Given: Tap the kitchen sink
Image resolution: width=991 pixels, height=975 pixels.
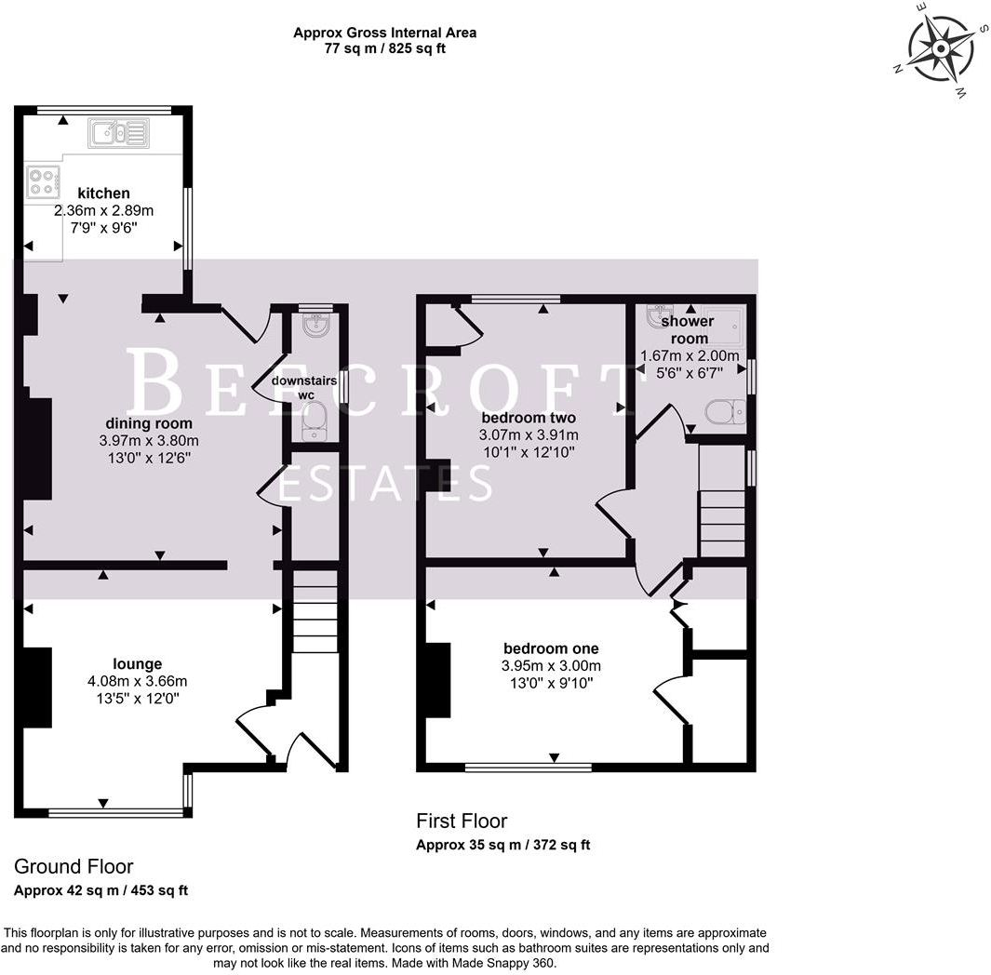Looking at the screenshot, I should pos(118,134).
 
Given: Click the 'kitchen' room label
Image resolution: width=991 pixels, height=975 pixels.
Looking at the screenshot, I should pos(103,194).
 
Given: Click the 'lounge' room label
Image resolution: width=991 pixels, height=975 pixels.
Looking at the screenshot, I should pos(137,663).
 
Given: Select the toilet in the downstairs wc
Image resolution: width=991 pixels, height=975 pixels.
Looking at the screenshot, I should pos(315,421).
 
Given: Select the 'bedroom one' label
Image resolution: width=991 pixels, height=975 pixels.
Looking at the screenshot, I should pos(551,648).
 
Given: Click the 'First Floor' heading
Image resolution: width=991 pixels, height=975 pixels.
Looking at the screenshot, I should pos(462,821).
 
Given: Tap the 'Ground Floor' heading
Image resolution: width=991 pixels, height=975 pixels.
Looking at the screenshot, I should pos(74,867).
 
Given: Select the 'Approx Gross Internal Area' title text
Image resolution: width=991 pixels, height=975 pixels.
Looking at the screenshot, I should pos(384,33).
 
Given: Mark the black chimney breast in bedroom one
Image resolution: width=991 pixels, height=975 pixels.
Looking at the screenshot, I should pos(437,679).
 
